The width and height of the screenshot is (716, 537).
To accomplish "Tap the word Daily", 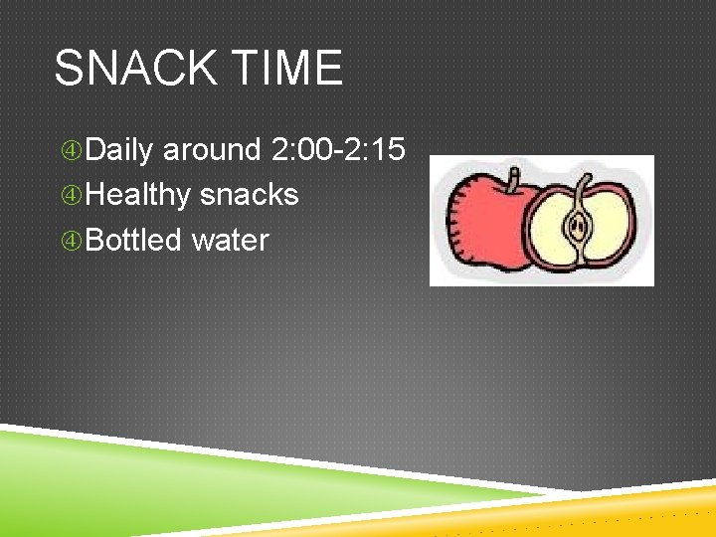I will click(x=119, y=150).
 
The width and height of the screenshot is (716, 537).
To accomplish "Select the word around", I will click(x=212, y=150).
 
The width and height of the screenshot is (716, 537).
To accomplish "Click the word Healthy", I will click(x=138, y=195).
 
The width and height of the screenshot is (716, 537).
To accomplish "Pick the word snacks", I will click(x=250, y=195).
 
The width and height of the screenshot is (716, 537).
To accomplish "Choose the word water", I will click(x=231, y=240).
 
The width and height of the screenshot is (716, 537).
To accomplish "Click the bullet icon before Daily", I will click(x=72, y=151).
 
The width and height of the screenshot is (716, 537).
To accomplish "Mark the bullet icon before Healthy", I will click(x=72, y=196).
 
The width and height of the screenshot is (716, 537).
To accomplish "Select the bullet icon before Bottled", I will click(x=72, y=241).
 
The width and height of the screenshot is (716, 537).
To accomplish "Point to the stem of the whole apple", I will click(x=513, y=181).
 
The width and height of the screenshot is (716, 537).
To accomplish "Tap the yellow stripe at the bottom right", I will click(x=636, y=512).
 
